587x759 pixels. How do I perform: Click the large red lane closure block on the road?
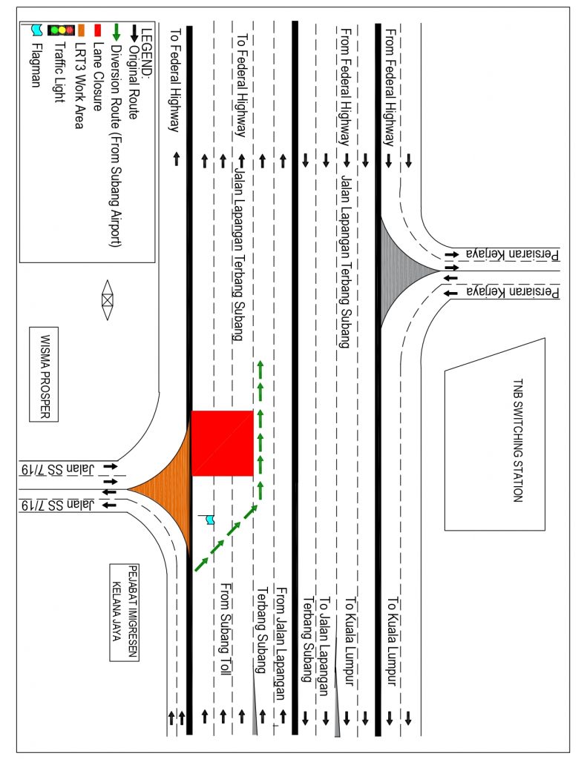[x=223, y=443]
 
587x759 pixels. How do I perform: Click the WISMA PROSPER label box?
[x=43, y=374]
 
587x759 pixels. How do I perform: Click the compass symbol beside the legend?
[x=108, y=299]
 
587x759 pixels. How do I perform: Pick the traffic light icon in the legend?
[x=61, y=30]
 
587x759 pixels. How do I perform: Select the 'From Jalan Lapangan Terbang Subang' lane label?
[x=271, y=638]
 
